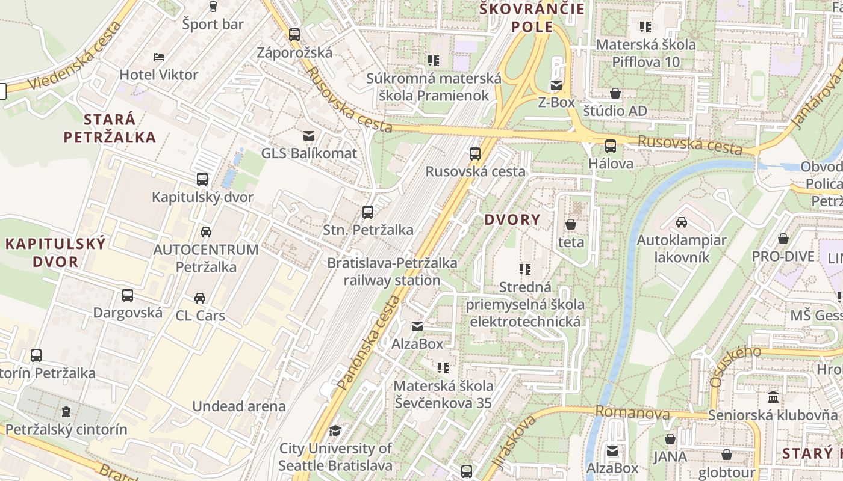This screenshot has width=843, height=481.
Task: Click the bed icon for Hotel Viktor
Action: point(159,57)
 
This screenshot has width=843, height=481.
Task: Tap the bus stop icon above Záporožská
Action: point(294,35)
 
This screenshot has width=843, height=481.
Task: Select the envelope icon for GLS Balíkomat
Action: point(309,136)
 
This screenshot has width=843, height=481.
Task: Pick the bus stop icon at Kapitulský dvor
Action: point(202,179)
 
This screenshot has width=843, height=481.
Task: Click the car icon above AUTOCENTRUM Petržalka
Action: point(206,232)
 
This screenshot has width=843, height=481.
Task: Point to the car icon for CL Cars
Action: point(200,298)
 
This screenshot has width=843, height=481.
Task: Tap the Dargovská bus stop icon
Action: point(128,295)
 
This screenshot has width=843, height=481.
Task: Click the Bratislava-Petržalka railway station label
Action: point(392,272)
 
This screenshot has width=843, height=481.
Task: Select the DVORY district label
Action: point(512,220)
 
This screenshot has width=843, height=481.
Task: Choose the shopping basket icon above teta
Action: point(571,225)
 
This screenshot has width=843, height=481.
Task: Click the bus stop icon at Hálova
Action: point(611,146)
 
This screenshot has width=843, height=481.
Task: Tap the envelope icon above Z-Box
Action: point(556,85)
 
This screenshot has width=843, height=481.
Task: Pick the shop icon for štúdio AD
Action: point(615,94)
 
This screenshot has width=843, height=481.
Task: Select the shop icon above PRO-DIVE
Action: point(783,239)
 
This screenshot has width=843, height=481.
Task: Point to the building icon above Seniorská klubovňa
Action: point(773,397)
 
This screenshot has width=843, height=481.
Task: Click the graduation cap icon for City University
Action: point(335,431)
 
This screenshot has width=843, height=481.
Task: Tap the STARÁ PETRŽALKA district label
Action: point(110,128)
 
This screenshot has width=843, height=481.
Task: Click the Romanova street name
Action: point(632,413)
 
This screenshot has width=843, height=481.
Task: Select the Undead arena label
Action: point(239,406)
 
